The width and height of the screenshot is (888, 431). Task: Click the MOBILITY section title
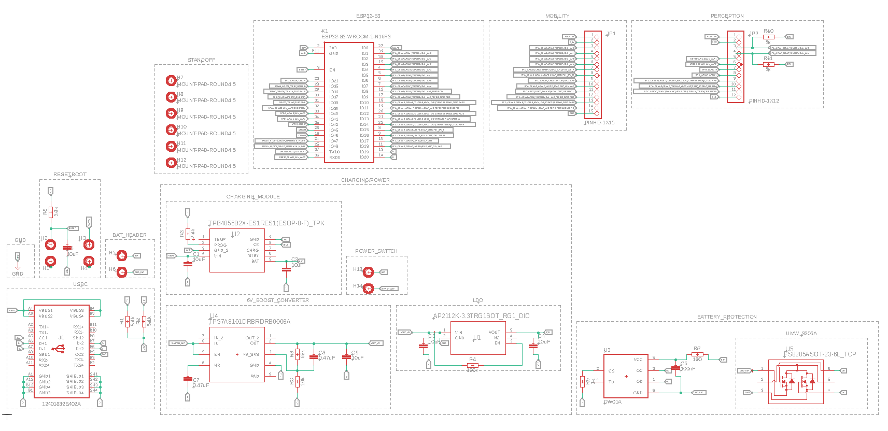(557, 16)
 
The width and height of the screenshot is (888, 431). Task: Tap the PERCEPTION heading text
(727, 16)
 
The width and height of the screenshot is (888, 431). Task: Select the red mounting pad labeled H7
(171, 80)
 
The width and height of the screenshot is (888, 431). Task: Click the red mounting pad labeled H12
(171, 163)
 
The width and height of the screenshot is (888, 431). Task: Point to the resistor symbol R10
(768, 37)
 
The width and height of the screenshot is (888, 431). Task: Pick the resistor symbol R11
(768, 64)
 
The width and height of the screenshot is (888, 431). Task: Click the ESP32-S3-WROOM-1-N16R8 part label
(356, 37)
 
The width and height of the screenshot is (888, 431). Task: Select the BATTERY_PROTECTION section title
(727, 317)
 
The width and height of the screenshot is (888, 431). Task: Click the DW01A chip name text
(613, 402)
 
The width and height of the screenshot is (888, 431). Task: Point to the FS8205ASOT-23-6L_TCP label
(820, 354)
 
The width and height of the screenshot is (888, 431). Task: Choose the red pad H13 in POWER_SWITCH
(368, 272)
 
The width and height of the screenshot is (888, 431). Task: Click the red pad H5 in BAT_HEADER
(122, 255)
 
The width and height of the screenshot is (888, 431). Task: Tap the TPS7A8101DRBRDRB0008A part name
(249, 322)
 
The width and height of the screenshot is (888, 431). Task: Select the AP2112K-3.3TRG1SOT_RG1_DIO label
(481, 316)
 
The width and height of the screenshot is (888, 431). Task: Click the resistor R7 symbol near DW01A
(697, 355)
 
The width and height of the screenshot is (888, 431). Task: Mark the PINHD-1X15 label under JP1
(600, 123)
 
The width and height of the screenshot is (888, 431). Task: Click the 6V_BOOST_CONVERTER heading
(278, 300)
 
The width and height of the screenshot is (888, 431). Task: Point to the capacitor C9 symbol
(346, 358)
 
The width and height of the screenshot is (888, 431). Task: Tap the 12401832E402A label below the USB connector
(61, 404)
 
